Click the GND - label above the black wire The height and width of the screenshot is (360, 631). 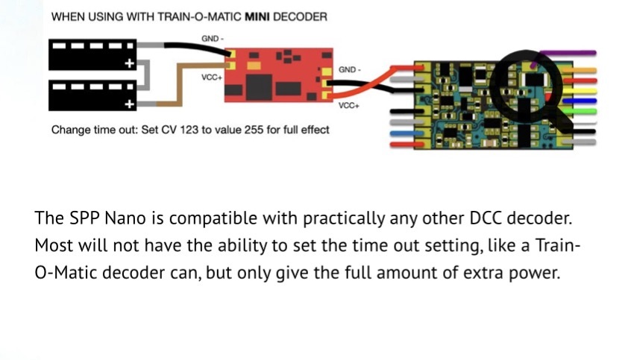(x=211, y=37)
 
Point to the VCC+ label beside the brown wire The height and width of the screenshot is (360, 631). (x=212, y=77)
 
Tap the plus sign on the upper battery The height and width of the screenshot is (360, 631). (x=130, y=63)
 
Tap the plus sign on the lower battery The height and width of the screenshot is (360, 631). (x=130, y=103)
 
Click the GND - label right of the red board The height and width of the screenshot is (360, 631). (x=349, y=69)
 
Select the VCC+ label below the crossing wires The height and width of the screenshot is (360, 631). (x=349, y=106)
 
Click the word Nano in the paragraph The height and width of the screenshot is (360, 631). (x=139, y=219)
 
